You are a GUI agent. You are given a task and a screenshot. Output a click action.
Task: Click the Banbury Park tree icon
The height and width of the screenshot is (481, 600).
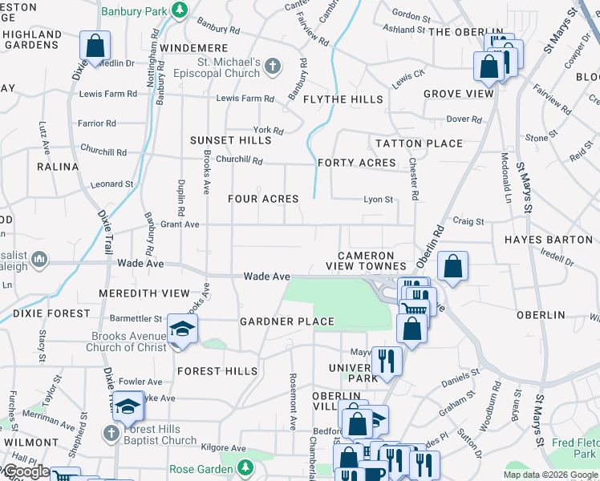pos(181,11)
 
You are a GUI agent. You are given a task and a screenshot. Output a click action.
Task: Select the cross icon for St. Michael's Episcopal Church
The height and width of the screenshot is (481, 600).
pos(273,67)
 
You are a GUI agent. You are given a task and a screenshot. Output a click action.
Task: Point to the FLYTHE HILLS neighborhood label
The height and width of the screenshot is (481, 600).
pos(343,99)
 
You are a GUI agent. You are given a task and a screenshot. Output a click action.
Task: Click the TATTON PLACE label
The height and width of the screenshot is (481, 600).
pos(420,143)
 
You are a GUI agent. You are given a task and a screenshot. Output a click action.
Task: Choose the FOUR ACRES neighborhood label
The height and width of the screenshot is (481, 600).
pos(263,198)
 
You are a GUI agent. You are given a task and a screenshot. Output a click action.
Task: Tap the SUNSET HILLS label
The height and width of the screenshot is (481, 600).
pos(230,140)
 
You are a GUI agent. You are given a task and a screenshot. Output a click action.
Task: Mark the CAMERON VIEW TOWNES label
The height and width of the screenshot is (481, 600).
pos(366,261)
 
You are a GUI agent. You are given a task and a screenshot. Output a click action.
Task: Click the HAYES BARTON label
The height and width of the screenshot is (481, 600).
pos(548,240)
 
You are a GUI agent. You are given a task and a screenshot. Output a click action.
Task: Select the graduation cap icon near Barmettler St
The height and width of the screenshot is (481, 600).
pos(182,329)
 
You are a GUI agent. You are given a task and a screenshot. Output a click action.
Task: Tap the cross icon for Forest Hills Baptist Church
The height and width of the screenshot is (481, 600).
pos(112,433)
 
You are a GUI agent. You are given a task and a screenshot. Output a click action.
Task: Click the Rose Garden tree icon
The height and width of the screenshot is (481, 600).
pos(246,468)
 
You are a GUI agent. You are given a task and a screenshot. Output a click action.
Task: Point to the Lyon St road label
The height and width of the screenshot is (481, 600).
pos(378,200)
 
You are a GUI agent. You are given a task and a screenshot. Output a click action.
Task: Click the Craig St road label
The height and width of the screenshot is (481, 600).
pos(468,221)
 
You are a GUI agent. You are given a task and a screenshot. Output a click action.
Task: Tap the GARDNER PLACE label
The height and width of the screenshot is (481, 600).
pos(287,321)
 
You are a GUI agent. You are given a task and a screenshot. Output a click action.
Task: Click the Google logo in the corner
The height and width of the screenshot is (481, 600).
pos(26,471)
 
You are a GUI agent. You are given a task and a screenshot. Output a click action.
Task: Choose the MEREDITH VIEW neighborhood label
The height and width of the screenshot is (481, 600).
pos(144,293)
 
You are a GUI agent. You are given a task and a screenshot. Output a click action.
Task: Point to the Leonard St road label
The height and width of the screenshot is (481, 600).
pos(111,184)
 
